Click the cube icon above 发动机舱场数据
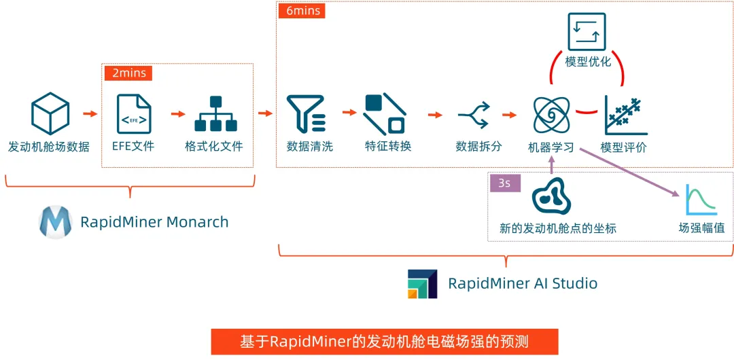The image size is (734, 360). click(50, 113)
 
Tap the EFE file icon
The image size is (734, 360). click(133, 113)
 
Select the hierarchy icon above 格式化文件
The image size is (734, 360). click(215, 113)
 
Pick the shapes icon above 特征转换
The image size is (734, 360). click(384, 113)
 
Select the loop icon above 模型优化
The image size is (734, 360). click(587, 31)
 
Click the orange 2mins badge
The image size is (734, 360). click(127, 72)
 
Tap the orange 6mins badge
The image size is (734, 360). click(302, 11)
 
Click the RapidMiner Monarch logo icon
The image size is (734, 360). click(56, 222)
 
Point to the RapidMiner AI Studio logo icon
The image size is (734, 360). click(423, 283)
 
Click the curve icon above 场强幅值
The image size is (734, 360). click(701, 200)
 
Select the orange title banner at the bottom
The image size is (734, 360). click(383, 341)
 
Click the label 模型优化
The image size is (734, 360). click(588, 62)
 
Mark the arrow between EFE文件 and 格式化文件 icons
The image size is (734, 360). click(177, 113)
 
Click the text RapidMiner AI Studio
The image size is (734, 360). click(523, 283)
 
